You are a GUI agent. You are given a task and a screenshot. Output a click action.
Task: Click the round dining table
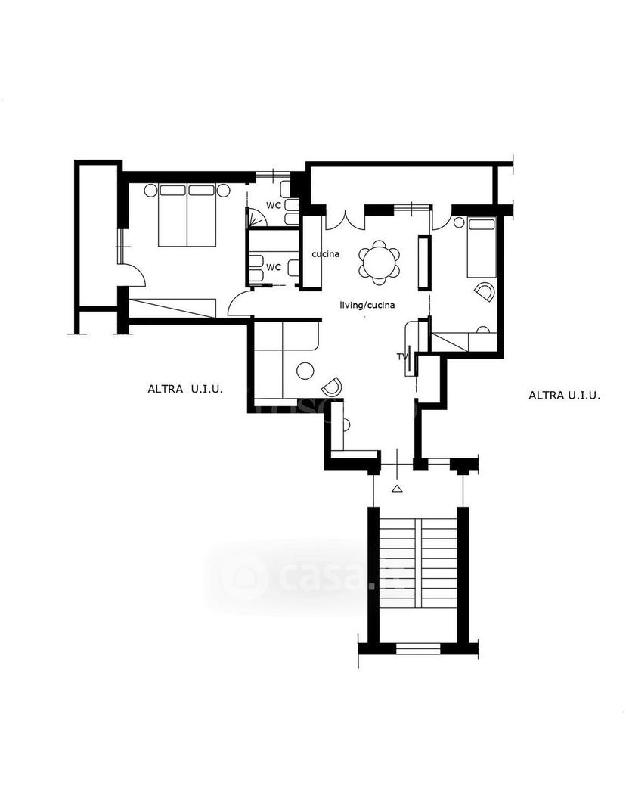pyautogui.click(x=380, y=263)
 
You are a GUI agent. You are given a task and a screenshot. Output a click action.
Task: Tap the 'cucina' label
pyautogui.click(x=325, y=254)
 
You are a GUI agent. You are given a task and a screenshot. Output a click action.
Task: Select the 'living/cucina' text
pyautogui.click(x=367, y=305)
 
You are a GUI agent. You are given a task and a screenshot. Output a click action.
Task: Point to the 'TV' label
pyautogui.click(x=401, y=356)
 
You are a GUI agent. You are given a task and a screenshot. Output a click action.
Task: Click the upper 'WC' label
pyautogui.click(x=274, y=205)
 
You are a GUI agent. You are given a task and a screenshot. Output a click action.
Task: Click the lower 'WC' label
pyautogui.click(x=274, y=267)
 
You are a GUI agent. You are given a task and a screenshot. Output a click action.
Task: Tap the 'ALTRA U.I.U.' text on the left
pyautogui.click(x=185, y=389)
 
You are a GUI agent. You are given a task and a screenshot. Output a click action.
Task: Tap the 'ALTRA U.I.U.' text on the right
pyautogui.click(x=565, y=396)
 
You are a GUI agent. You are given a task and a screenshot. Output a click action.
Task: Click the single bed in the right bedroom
pyautogui.click(x=482, y=247)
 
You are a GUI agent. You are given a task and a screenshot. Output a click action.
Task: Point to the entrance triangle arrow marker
pyautogui.click(x=396, y=489)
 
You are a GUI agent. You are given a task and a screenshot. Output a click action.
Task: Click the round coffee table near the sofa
pyautogui.click(x=305, y=371)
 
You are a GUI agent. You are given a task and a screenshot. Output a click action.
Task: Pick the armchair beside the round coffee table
pyautogui.click(x=331, y=385)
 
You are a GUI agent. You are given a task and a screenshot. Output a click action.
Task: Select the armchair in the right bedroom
pyautogui.click(x=484, y=291)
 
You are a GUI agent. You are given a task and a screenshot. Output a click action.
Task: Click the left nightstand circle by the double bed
pyautogui.click(x=150, y=191)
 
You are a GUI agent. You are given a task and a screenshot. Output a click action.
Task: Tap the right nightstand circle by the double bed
pyautogui.click(x=223, y=191)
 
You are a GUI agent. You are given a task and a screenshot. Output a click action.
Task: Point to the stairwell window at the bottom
pyautogui.click(x=418, y=648)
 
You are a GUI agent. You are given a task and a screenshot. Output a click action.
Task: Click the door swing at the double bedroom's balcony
pyautogui.click(x=132, y=273)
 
